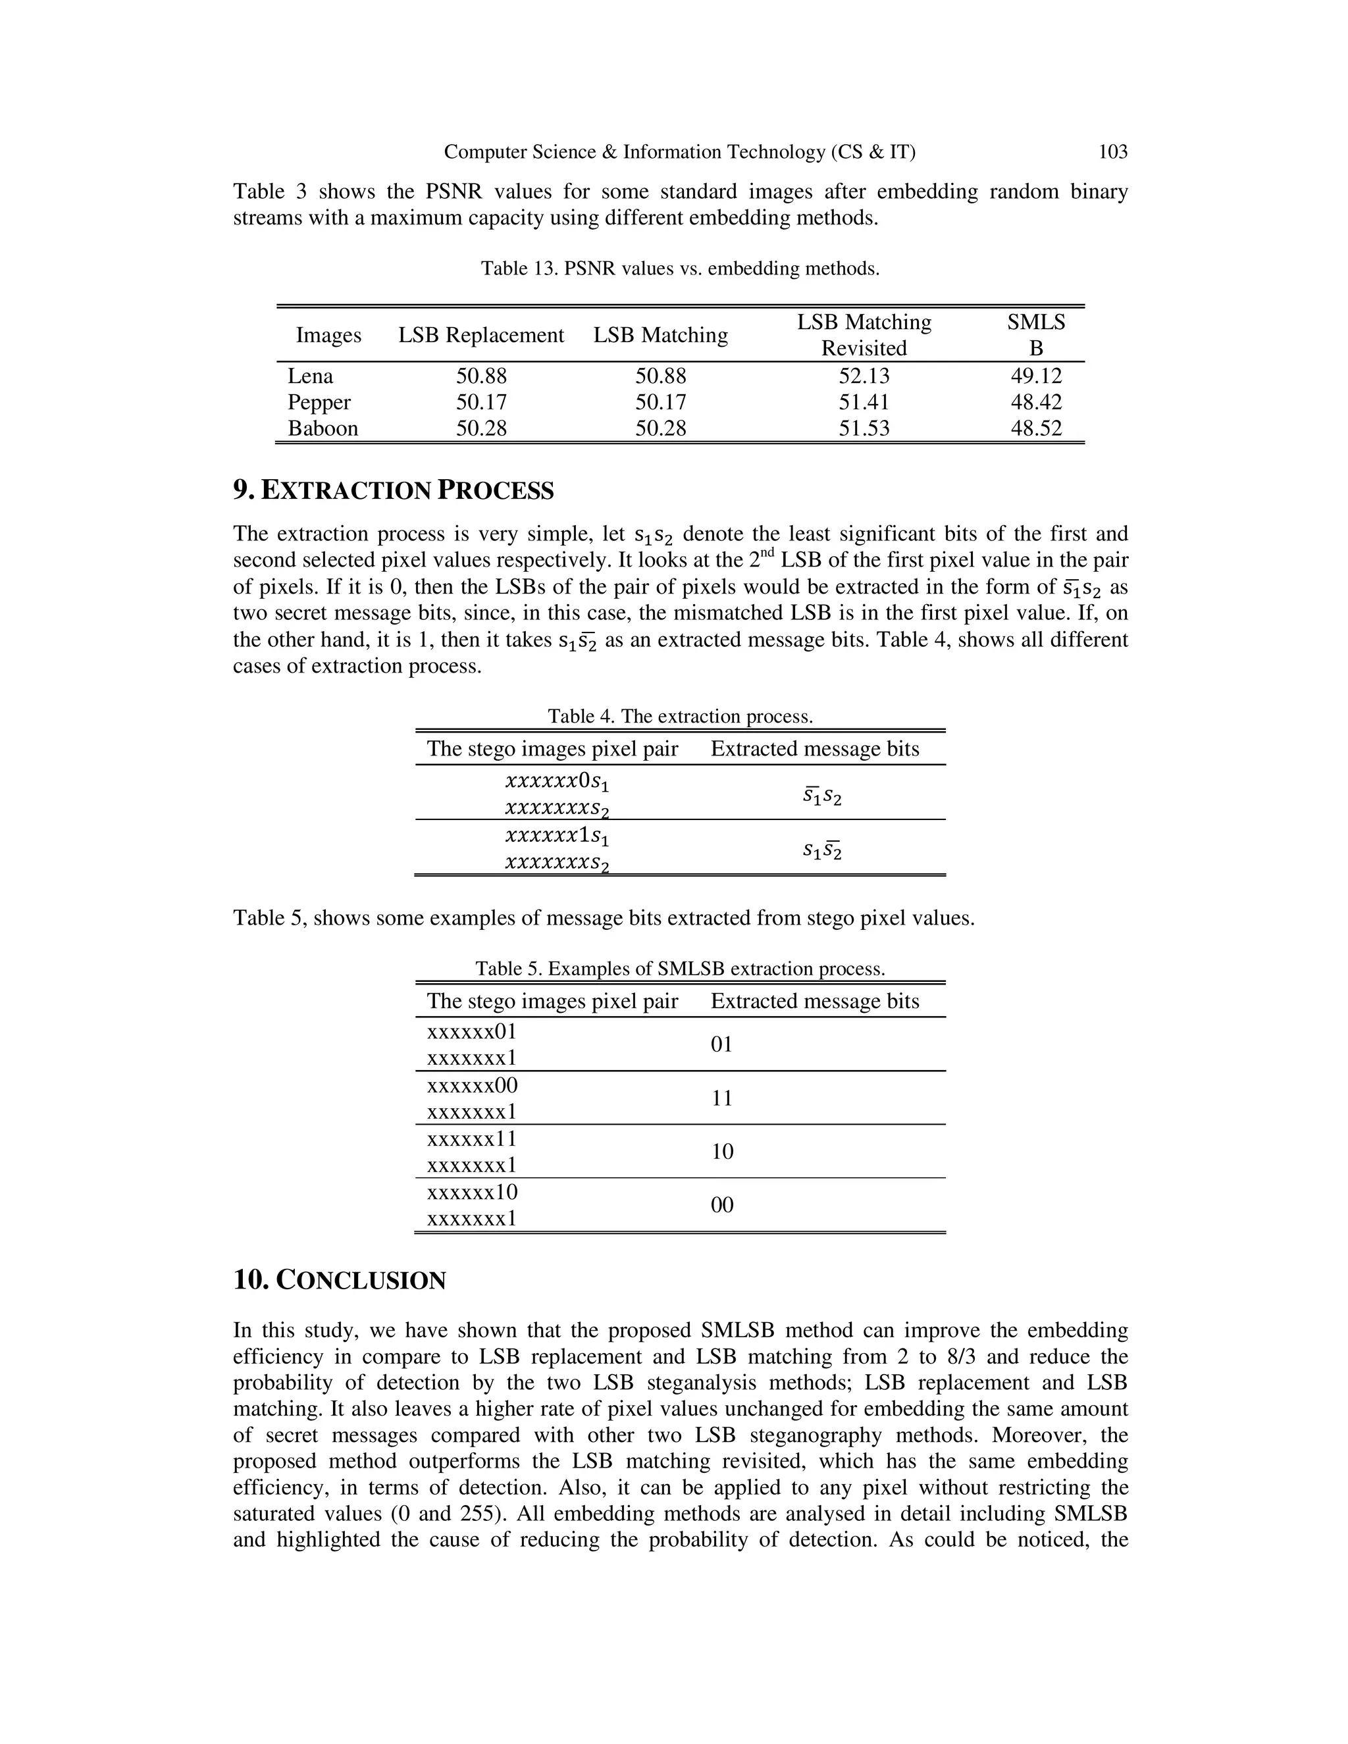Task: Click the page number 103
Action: [1112, 152]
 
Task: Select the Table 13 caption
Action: [679, 269]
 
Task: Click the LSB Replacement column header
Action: [480, 336]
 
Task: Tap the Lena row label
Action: [310, 376]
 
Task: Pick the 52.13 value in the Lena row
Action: [864, 376]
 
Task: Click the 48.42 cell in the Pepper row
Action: [1036, 403]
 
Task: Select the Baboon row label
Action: [323, 429]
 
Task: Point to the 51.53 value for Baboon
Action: [864, 429]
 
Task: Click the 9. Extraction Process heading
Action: [393, 490]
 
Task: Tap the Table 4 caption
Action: [679, 716]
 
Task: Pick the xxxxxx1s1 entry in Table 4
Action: [557, 836]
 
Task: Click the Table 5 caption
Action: [679, 969]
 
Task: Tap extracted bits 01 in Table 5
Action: [721, 1044]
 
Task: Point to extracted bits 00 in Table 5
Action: [721, 1205]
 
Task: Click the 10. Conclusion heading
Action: [340, 1281]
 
